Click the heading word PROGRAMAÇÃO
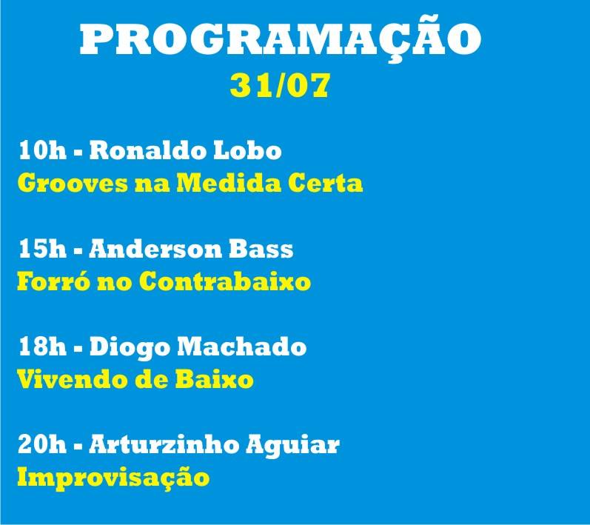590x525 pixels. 281,39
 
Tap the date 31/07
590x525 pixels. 281,85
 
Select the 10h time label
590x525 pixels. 42,150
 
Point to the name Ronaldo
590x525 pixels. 147,150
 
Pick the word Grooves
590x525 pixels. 73,184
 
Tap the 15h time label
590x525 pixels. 42,249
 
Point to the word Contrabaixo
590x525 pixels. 224,281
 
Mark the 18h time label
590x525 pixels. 42,347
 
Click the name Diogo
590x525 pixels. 130,348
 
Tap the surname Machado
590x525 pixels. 242,347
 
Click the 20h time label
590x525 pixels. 42,444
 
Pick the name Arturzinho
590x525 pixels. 164,444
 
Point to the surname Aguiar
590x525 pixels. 292,446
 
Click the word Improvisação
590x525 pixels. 113,478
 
